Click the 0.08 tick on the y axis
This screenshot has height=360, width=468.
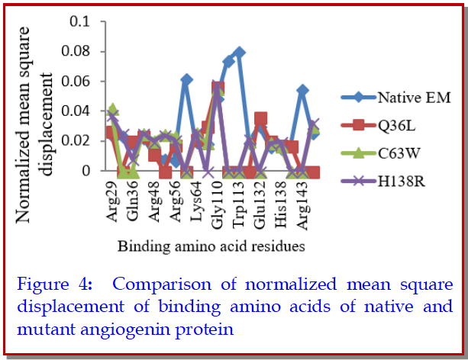pos(74,50)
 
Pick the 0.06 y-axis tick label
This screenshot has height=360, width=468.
pos(74,81)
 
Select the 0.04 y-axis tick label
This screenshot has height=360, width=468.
pos(74,111)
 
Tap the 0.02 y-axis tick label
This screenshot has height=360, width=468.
pos(74,141)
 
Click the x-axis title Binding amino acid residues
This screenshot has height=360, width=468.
pos(213,246)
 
